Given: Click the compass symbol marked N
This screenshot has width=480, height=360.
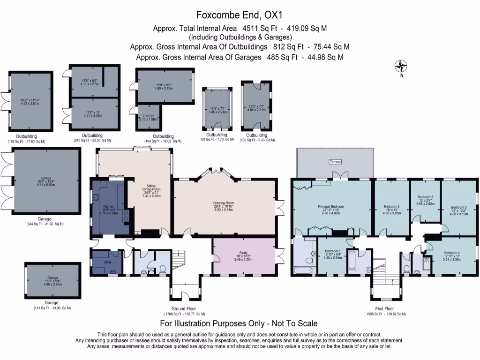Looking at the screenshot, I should coord(401,66).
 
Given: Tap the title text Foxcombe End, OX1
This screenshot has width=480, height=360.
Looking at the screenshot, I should coord(240,16).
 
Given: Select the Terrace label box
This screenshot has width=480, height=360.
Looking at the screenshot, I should coord(335,162).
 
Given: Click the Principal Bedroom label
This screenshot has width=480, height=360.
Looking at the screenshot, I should coord(330,206).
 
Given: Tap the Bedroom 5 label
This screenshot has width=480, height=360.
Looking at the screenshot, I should coord(426,197).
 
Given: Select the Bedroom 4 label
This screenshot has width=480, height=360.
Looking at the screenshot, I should coord(452,253).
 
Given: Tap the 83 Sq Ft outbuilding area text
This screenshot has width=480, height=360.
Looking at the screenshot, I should coord(217,140).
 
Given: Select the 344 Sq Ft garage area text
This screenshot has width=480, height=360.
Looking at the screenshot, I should coord(45,224).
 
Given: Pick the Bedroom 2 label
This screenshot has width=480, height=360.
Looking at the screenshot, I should coord(391,206).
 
